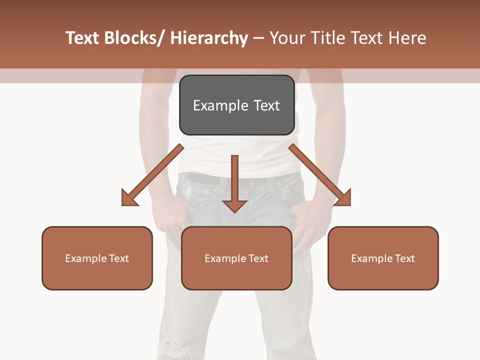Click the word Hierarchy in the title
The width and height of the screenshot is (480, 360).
coord(209,38)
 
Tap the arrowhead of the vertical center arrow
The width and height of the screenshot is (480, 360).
coord(234,206)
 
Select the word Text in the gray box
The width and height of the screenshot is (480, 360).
coord(266,105)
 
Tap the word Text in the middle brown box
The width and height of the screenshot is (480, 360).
coord(258,258)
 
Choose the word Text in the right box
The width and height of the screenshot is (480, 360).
coord(405,258)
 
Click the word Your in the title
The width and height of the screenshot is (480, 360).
coord(286,38)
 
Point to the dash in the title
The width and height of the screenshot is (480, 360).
coord(258,38)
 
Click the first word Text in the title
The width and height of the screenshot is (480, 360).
coord(82,38)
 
